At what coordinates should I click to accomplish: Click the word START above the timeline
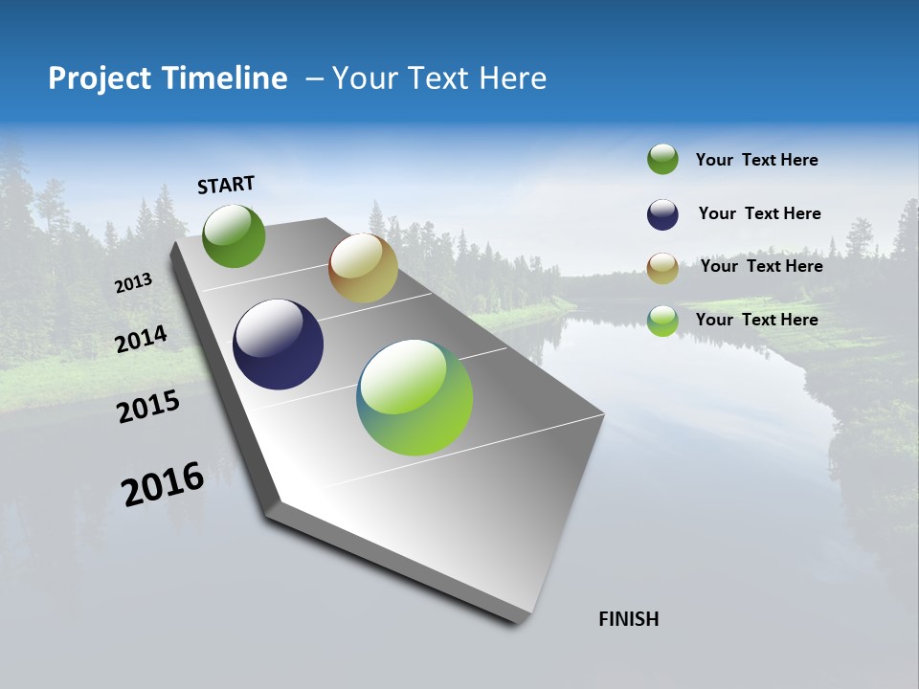click(x=226, y=185)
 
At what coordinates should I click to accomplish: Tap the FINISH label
click(x=628, y=619)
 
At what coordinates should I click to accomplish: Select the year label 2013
click(x=133, y=283)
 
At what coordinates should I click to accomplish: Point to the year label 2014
click(x=141, y=340)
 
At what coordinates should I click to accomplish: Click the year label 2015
click(x=147, y=408)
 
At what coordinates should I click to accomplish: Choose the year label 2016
click(x=163, y=484)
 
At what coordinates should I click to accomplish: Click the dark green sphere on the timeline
click(x=234, y=235)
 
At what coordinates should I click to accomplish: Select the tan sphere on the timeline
click(x=363, y=268)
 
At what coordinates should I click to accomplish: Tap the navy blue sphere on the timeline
click(x=278, y=344)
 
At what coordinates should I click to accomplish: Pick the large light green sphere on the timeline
click(x=415, y=397)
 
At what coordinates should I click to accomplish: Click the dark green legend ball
click(x=662, y=160)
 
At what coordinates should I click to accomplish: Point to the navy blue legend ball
click(x=662, y=214)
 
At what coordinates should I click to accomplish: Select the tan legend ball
click(x=662, y=268)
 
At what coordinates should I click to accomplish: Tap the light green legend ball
click(x=662, y=321)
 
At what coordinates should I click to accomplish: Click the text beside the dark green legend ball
click(x=756, y=161)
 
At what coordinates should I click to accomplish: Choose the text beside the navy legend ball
click(x=759, y=213)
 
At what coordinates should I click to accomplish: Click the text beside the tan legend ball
click(x=761, y=266)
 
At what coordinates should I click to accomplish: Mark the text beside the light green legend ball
click(x=756, y=320)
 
